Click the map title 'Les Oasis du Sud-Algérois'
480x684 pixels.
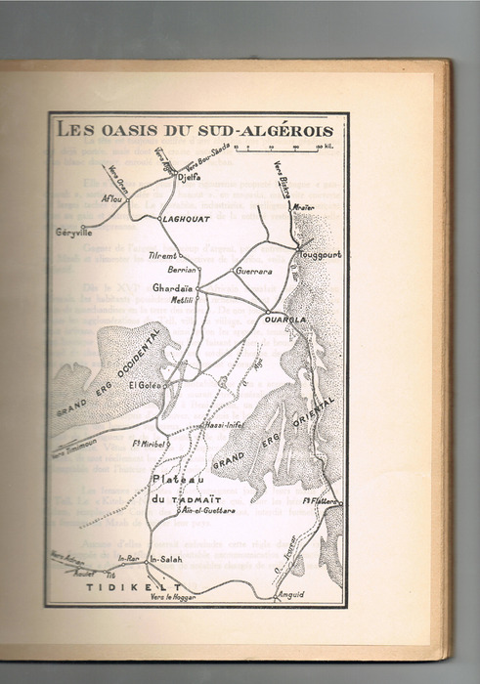click(x=194, y=130)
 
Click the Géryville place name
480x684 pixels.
click(x=74, y=234)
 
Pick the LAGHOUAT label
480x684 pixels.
click(x=187, y=220)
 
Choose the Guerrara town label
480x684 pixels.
click(x=252, y=271)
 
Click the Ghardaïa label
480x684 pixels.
click(x=172, y=287)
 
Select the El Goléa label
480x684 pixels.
click(x=145, y=385)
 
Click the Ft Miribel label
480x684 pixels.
click(x=151, y=443)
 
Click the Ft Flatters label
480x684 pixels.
click(x=320, y=501)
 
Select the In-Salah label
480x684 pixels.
click(x=167, y=559)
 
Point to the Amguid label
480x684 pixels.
click(x=291, y=594)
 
